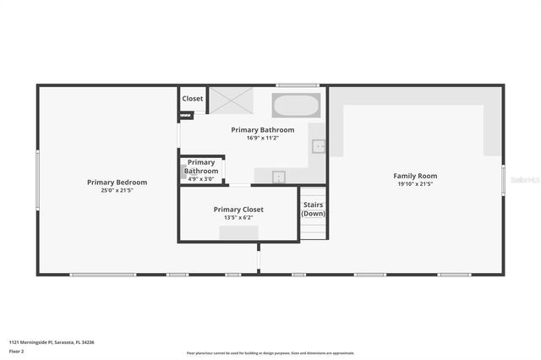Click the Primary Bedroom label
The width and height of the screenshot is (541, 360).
(117, 182)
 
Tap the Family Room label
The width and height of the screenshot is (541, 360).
(415, 176)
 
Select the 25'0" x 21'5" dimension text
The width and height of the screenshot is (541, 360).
(117, 190)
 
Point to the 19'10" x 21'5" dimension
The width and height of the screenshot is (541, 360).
(415, 184)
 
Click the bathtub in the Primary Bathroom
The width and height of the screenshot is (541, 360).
(296, 106)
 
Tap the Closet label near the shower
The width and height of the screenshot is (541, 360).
(193, 99)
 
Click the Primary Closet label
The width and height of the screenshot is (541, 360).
(238, 209)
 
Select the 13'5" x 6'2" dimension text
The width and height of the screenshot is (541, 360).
(238, 217)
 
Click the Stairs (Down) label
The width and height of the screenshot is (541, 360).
(314, 209)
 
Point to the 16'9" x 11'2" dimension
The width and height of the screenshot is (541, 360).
(264, 138)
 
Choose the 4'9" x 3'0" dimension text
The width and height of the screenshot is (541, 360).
(201, 178)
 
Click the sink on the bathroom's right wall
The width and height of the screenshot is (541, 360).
(319, 146)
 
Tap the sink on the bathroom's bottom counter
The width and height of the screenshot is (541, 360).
(278, 177)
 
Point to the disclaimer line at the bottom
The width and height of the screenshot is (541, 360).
(270, 353)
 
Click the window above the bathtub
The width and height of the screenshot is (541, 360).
(297, 85)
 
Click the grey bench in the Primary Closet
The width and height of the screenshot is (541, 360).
(238, 232)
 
